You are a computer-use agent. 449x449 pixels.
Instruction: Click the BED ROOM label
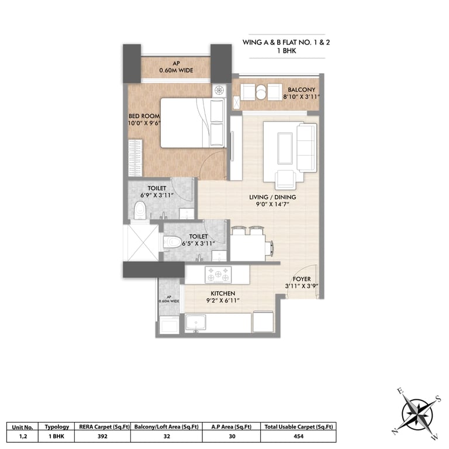(144, 116)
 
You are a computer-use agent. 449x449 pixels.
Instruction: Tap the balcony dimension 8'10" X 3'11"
(301, 97)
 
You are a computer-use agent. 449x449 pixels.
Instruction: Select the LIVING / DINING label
(272, 197)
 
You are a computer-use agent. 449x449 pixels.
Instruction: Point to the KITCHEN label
(223, 293)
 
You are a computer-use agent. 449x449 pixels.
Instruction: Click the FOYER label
(302, 279)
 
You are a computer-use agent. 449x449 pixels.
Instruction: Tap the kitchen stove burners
(218, 274)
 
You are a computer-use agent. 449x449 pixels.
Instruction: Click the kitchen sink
(196, 323)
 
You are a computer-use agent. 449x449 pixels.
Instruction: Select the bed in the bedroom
(193, 123)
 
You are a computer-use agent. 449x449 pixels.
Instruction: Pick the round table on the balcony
(261, 92)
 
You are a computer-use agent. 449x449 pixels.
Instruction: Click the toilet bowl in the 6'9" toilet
(140, 210)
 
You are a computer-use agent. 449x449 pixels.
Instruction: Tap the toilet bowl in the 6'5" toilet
(172, 241)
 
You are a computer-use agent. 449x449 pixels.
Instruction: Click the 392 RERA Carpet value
(102, 436)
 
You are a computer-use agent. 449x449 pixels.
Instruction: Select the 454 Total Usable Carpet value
(298, 436)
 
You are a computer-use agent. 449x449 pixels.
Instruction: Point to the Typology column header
(57, 427)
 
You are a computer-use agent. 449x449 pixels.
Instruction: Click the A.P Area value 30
(232, 436)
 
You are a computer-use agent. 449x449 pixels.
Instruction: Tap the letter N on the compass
(394, 431)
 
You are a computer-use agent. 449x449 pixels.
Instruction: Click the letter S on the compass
(437, 398)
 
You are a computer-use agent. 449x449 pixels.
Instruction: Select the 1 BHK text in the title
(286, 51)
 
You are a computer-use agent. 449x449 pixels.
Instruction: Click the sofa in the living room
(307, 147)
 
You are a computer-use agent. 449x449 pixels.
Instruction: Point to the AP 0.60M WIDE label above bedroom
(176, 67)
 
